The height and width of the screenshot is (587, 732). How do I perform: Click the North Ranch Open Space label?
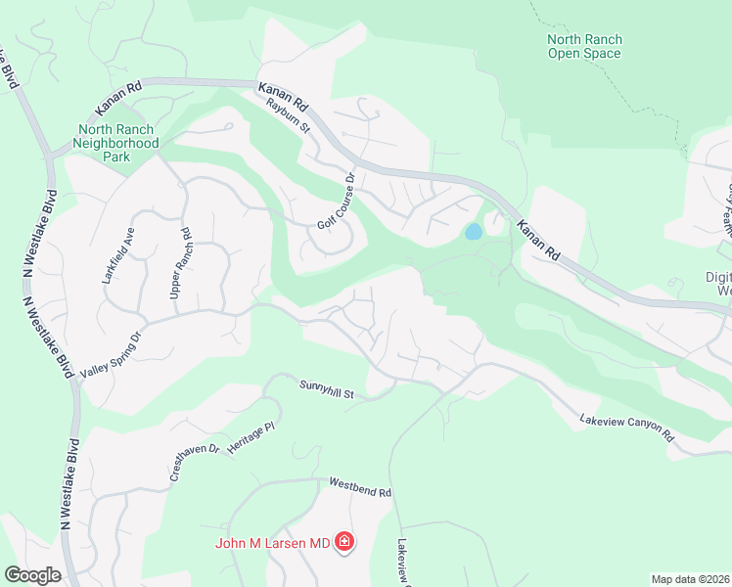click(584, 46)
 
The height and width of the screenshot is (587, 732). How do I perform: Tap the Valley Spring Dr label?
click(111, 348)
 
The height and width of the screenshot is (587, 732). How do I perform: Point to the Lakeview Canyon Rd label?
click(627, 427)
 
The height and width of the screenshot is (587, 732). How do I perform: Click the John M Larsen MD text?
click(274, 542)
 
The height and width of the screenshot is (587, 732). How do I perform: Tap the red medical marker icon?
click(343, 541)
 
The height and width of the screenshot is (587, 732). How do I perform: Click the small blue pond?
click(473, 232)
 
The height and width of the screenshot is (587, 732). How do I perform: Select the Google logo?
click(32, 575)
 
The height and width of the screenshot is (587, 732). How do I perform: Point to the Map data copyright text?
click(690, 579)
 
